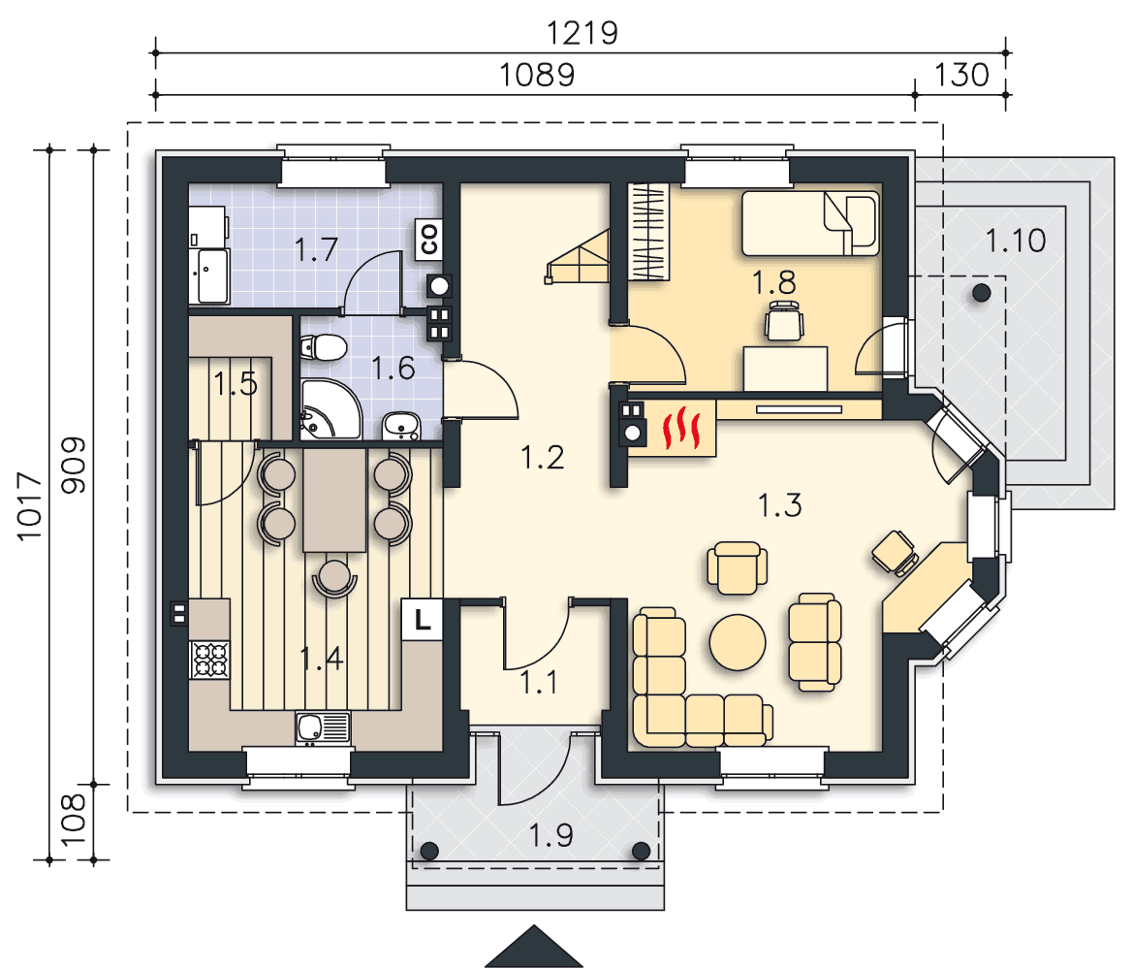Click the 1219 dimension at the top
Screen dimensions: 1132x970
[x=582, y=33]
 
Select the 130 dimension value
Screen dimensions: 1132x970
[x=960, y=75]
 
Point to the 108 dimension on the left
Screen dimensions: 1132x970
[x=73, y=821]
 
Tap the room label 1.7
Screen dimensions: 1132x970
[x=316, y=250]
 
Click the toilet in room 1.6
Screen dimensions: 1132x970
[x=324, y=347]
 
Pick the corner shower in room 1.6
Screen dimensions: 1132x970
[x=330, y=409]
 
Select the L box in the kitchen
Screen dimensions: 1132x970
[x=423, y=620]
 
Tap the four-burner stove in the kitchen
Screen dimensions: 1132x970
[x=209, y=660]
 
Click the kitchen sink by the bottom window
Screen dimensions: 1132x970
[x=323, y=727]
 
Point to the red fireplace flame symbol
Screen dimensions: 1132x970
[x=681, y=428]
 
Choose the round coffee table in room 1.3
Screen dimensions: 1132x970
[x=738, y=642]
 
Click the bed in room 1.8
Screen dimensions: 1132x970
[x=811, y=223]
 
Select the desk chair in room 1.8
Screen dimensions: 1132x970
[x=784, y=322]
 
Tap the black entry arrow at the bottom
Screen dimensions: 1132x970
[x=533, y=946]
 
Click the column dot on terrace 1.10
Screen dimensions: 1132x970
[x=981, y=293]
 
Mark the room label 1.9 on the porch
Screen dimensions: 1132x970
[x=550, y=835]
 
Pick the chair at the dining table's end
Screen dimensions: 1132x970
[x=334, y=577]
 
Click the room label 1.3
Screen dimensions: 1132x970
[x=779, y=505]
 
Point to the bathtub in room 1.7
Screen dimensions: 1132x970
[x=210, y=276]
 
